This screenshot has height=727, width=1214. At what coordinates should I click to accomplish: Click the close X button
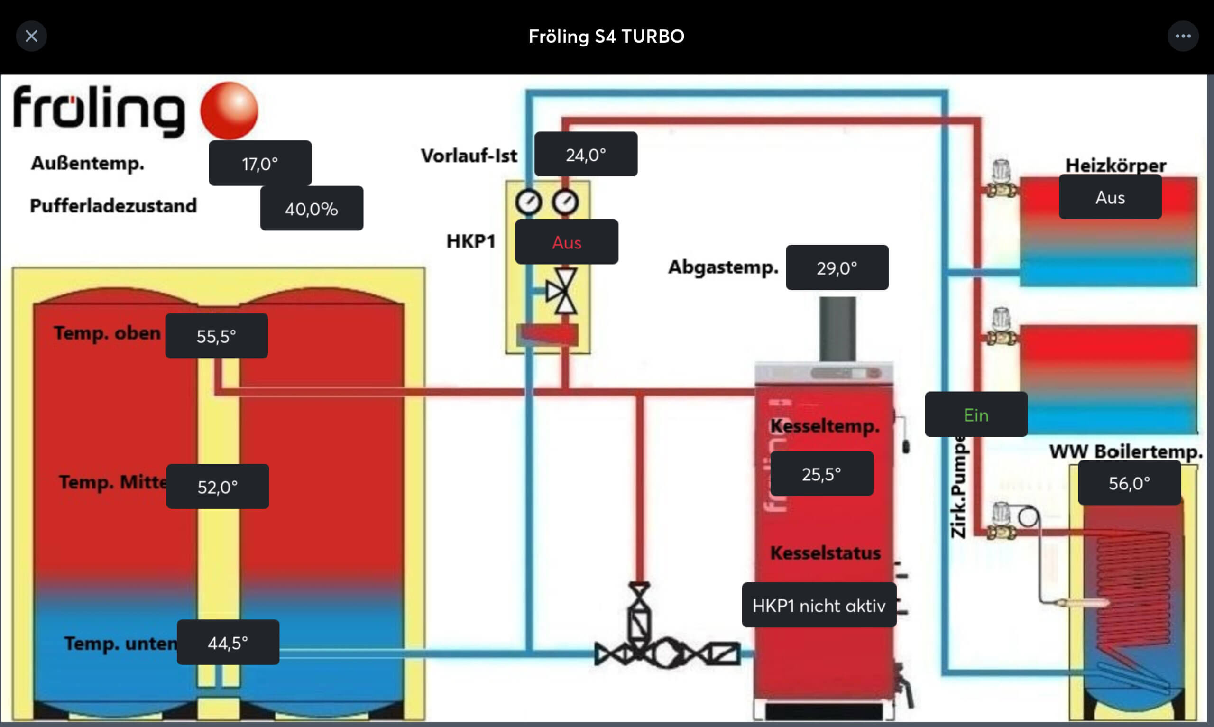[31, 36]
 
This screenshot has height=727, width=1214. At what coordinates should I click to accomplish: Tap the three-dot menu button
[1183, 36]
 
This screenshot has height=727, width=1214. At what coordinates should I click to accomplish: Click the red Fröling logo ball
[229, 110]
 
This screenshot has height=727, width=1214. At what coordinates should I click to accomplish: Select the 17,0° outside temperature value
[260, 163]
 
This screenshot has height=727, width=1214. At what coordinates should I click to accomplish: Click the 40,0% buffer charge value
[312, 209]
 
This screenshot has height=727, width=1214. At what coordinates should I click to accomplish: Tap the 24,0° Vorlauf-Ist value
[586, 154]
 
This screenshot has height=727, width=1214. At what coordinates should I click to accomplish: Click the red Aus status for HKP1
[567, 242]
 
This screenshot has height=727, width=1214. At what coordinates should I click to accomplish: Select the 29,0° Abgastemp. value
[837, 267]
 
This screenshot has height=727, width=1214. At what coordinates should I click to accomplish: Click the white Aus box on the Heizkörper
[1110, 197]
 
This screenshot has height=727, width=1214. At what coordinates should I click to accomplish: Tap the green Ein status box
[976, 414]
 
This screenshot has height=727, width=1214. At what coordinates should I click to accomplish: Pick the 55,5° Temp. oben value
[216, 336]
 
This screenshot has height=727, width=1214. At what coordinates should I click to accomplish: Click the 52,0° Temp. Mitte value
[218, 487]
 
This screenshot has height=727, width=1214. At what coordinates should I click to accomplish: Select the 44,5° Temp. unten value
[228, 642]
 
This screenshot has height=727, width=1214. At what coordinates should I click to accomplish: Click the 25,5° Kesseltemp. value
[821, 474]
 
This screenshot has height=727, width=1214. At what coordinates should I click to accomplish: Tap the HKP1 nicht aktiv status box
[819, 605]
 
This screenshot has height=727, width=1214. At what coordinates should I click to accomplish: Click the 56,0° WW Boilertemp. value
[1129, 483]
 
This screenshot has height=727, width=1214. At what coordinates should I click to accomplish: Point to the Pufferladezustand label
[114, 206]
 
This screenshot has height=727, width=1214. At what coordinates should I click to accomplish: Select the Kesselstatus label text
[825, 553]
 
